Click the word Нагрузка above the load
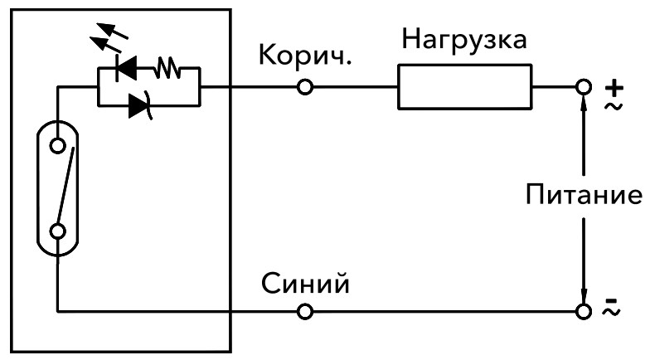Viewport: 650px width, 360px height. [463, 39]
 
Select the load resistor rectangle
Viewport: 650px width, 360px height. [464, 87]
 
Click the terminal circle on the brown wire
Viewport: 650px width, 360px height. [305, 87]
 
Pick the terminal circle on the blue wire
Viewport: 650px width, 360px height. [305, 312]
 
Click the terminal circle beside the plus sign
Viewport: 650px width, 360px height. [585, 87]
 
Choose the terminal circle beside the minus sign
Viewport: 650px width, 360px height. [585, 312]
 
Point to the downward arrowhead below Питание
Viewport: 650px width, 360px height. [585, 295]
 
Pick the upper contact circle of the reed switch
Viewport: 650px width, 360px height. [57, 147]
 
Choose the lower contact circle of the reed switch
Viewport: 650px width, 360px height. [57, 231]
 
